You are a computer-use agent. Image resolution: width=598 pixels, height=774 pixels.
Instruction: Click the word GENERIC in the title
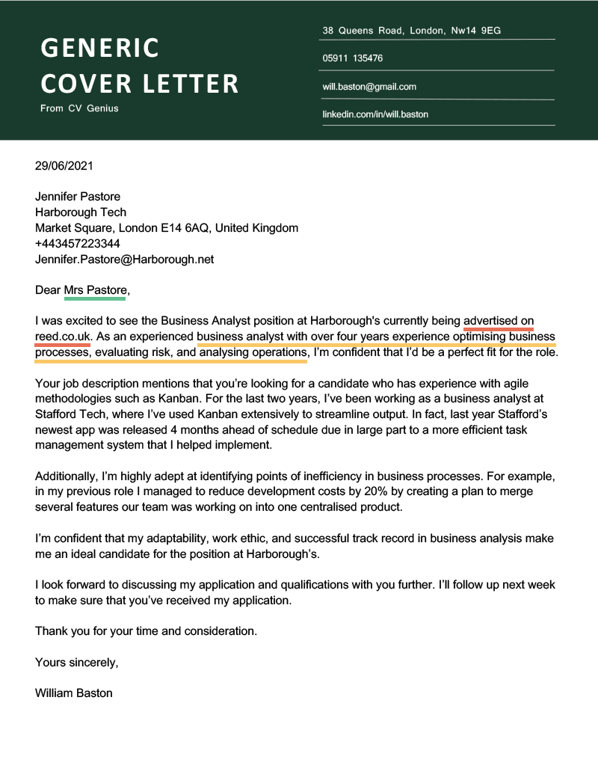coord(99,48)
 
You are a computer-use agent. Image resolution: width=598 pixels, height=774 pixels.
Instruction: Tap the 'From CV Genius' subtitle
coord(79,108)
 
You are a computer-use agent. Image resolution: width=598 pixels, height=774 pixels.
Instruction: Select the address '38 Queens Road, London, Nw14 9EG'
coord(411,31)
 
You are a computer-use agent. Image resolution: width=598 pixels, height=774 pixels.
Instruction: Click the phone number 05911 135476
coord(352,58)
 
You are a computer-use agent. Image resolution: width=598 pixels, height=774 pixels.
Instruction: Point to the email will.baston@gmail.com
coord(369,87)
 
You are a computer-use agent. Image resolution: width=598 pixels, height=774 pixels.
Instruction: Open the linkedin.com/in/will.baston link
coord(375,114)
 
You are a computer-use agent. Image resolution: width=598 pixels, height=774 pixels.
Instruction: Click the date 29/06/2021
coord(64,166)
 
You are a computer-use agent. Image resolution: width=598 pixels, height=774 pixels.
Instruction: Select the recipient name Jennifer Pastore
coord(78,197)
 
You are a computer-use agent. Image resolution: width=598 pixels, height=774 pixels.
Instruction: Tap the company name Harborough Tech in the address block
coord(81,212)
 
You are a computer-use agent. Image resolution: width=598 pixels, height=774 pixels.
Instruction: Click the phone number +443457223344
coord(78,244)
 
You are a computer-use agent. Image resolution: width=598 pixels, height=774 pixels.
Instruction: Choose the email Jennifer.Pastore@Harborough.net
coord(124,259)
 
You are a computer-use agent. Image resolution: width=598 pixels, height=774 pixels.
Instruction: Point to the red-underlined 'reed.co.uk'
coord(62,337)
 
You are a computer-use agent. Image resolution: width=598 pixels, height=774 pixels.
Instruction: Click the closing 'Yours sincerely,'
coord(76,662)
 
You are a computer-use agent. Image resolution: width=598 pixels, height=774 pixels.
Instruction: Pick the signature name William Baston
coord(73,692)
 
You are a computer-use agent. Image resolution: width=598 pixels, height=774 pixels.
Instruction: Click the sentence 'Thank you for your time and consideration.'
coord(146,631)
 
